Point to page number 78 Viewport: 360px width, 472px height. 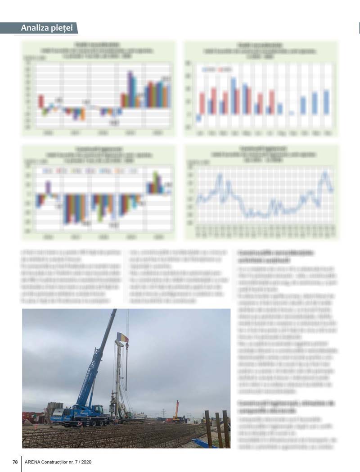[15, 462]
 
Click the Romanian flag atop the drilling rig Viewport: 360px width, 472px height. [123, 337]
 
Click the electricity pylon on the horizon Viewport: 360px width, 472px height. [163, 413]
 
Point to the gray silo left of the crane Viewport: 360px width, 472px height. [54, 408]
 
